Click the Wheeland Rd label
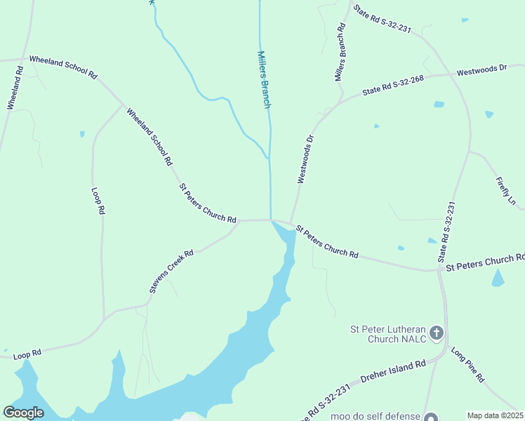pyautogui.click(x=15, y=87)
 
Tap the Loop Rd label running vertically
pyautogui.click(x=99, y=201)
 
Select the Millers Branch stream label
pyautogui.click(x=264, y=79)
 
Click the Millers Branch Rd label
pyautogui.click(x=341, y=52)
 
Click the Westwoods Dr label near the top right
pyautogui.click(x=481, y=70)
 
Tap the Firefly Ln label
pyautogui.click(x=506, y=190)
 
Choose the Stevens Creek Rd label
pyautogui.click(x=171, y=271)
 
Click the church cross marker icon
pyautogui.click(x=437, y=333)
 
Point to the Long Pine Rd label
pyautogui.click(x=467, y=364)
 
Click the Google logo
pyautogui.click(x=23, y=413)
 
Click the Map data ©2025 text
pyautogui.click(x=495, y=415)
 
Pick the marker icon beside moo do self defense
pyautogui.click(x=430, y=417)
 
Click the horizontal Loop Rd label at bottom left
pyautogui.click(x=27, y=354)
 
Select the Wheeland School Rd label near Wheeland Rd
pyautogui.click(x=62, y=67)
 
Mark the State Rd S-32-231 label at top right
pyautogui.click(x=382, y=20)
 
